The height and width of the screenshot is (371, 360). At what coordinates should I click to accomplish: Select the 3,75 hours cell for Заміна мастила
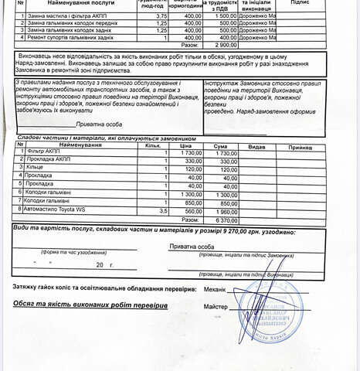pos(161,15)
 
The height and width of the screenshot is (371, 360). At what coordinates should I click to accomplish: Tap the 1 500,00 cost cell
pos(226,15)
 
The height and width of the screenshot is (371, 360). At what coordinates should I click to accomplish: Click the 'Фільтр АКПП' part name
pos(42,152)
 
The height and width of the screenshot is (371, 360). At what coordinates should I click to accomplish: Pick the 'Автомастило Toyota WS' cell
pos(57,209)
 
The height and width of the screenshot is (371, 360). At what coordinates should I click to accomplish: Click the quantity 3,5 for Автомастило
pos(162,209)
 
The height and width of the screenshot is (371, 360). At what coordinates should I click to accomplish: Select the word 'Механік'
pos(216,288)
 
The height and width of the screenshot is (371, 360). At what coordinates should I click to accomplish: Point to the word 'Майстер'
pos(216,307)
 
